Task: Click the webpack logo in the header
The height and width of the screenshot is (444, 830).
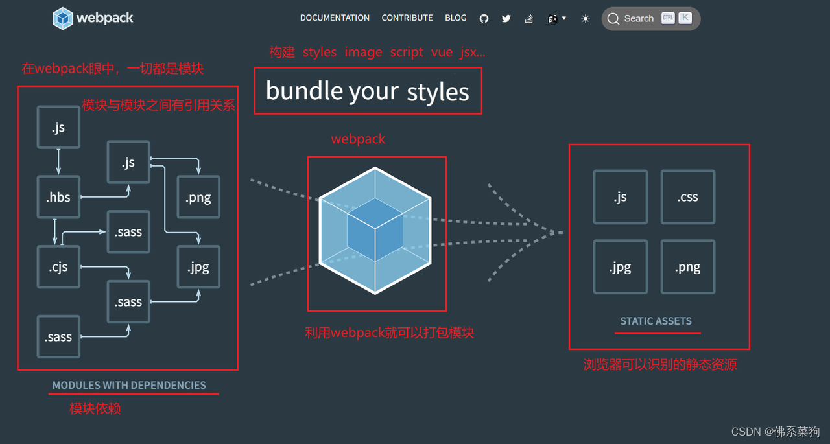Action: click(x=93, y=18)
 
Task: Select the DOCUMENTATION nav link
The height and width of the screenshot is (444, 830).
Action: click(x=335, y=18)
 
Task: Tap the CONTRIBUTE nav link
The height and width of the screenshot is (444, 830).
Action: click(x=407, y=18)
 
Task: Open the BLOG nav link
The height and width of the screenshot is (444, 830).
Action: click(x=456, y=18)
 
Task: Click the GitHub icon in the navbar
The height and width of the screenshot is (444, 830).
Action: click(x=484, y=19)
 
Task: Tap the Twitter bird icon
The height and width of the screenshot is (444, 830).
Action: click(x=506, y=19)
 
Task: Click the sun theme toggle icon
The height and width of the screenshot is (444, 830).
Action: click(x=586, y=19)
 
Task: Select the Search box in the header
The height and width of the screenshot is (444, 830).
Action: click(x=650, y=19)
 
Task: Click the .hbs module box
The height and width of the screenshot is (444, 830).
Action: click(x=58, y=197)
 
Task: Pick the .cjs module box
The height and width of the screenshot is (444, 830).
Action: click(x=58, y=267)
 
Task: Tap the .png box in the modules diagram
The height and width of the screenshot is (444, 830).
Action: click(x=198, y=197)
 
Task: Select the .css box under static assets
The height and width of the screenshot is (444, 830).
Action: click(x=688, y=197)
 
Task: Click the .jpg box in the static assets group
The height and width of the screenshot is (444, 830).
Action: click(x=621, y=267)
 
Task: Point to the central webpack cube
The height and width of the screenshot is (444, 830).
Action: click(x=375, y=231)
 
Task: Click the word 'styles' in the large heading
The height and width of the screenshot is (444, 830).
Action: click(x=438, y=92)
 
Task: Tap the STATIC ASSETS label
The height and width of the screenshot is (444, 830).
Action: click(x=656, y=321)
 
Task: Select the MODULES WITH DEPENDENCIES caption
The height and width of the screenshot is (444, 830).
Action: click(x=129, y=385)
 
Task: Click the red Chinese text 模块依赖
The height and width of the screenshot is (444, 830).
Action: click(x=95, y=408)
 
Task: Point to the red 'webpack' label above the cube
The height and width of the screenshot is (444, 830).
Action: click(x=358, y=139)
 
